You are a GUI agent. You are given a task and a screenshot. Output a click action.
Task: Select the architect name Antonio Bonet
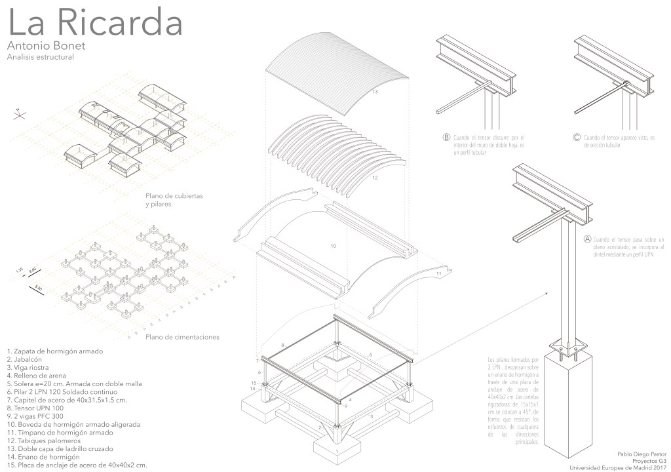tap(46, 47)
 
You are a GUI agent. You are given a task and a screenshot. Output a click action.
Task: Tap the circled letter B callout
tap(446, 138)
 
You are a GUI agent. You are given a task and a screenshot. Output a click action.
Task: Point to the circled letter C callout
tap(576, 138)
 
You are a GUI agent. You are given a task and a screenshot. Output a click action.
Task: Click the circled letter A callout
tap(587, 241)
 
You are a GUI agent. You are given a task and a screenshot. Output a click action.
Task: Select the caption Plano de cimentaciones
tap(182, 338)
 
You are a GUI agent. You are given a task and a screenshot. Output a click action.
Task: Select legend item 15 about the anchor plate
tap(77, 465)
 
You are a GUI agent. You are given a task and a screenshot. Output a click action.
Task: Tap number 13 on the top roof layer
tap(374, 92)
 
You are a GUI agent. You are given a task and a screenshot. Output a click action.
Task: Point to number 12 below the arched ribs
tap(374, 178)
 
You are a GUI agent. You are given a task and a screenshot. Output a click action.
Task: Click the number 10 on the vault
tap(333, 246)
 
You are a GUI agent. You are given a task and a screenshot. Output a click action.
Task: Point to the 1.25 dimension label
tap(20, 269)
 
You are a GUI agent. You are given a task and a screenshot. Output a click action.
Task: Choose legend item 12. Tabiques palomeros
tap(47, 441)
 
